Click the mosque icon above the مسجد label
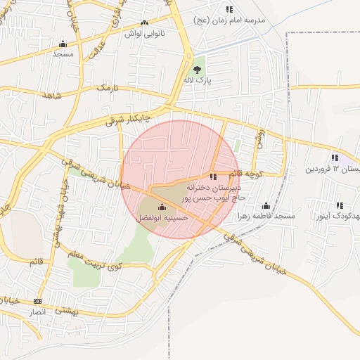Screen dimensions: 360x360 pyautogui.click(x=63, y=44)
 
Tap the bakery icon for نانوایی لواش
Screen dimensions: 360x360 pyautogui.click(x=145, y=23)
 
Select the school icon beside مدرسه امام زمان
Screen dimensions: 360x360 pyautogui.click(x=229, y=9)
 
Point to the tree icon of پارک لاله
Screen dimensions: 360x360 pyautogui.click(x=198, y=69)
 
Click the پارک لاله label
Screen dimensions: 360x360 pyautogui.click(x=198, y=81)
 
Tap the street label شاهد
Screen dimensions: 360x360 pyautogui.click(x=47, y=95)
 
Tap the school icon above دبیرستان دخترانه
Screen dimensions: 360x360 pyautogui.click(x=213, y=177)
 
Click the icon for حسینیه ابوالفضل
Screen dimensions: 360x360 pyautogui.click(x=162, y=207)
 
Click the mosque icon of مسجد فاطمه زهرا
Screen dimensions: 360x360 pyautogui.click(x=266, y=206)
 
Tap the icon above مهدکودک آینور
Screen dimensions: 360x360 pyautogui.click(x=340, y=205)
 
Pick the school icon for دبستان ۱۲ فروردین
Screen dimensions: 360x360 pyautogui.click(x=335, y=157)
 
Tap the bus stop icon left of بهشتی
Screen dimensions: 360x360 pyautogui.click(x=37, y=300)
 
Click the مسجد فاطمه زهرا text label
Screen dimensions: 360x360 pyautogui.click(x=266, y=216)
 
